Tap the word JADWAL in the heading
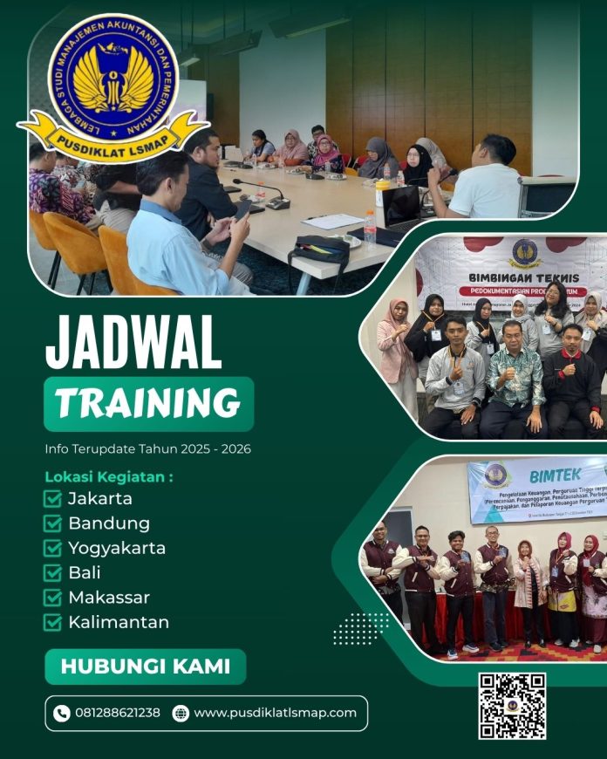point(133,343)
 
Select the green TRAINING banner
point(148,403)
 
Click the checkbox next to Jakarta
point(52,499)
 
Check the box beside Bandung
point(52,523)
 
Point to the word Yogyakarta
point(117,548)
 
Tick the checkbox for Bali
point(52,573)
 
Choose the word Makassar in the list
point(109,598)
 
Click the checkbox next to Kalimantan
point(52,622)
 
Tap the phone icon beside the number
point(61,713)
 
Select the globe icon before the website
point(181,713)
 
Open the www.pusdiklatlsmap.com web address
point(275,713)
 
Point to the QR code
point(512,706)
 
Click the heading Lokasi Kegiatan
point(109,477)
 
